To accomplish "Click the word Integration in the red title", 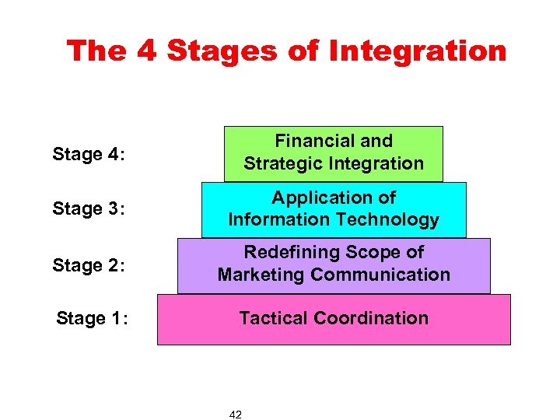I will click(418, 51).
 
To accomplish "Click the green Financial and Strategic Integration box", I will click(334, 153).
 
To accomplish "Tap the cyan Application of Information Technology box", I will click(334, 209).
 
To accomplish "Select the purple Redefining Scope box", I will click(334, 265).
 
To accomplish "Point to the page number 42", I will click(236, 415).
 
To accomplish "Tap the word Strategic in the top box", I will click(282, 163).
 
